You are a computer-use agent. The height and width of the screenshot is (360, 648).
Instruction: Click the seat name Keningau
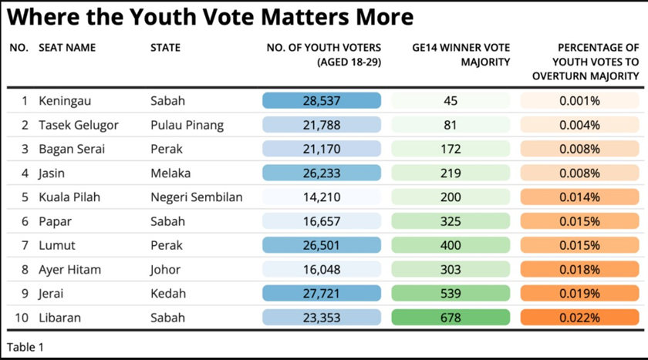(x=65, y=101)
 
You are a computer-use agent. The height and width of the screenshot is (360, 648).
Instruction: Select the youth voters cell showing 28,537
(x=322, y=101)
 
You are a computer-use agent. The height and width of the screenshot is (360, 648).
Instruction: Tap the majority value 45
(x=451, y=101)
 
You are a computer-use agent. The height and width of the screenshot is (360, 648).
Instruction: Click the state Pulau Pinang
(x=187, y=125)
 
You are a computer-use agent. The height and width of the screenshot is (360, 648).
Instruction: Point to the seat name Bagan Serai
(x=72, y=149)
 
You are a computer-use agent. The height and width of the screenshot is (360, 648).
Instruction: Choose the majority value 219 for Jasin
(x=451, y=173)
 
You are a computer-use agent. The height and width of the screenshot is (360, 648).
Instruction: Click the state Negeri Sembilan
(x=196, y=197)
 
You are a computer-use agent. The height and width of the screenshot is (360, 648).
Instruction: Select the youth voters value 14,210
(x=322, y=197)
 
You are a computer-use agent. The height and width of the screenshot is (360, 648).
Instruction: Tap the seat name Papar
(x=56, y=221)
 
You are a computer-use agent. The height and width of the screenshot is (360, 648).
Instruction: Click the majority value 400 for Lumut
(x=451, y=245)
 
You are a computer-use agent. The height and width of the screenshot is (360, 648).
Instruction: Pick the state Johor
(x=165, y=270)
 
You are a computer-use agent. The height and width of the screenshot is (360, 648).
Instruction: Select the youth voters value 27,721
(x=322, y=294)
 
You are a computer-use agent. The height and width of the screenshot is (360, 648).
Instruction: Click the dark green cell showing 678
(x=451, y=318)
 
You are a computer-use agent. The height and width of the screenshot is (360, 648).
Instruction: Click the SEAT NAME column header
(x=67, y=48)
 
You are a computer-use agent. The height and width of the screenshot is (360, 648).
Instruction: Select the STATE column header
(x=165, y=48)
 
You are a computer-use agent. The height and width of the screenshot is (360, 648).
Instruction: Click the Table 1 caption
(x=25, y=347)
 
